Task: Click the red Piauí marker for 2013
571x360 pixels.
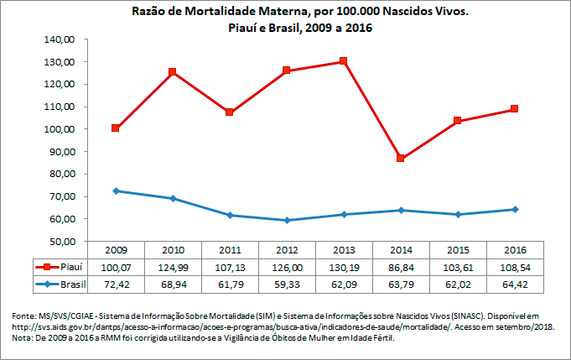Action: (x=344, y=61)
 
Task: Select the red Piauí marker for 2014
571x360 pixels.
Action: (x=401, y=158)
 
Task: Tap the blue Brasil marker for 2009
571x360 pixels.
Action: (x=116, y=190)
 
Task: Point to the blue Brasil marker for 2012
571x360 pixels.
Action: (x=287, y=220)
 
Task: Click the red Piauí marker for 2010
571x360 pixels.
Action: (x=173, y=72)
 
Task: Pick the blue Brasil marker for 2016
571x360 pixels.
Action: (x=515, y=209)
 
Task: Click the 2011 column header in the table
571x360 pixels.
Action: (x=230, y=250)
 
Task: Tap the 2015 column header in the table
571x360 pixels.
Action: (x=458, y=250)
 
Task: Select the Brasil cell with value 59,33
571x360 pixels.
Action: (x=287, y=283)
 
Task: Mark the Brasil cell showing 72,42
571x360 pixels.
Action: (x=116, y=283)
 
